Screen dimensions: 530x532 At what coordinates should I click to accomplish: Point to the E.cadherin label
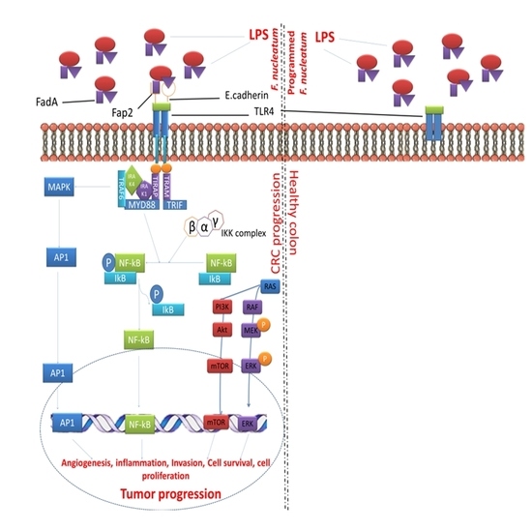235,97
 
